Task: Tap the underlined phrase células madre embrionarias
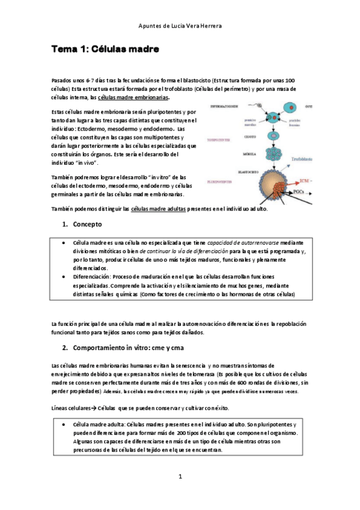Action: pos(133,97)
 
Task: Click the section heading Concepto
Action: pos(88,224)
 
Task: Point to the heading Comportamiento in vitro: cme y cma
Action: pos(141,348)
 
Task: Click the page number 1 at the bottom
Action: pos(180,476)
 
